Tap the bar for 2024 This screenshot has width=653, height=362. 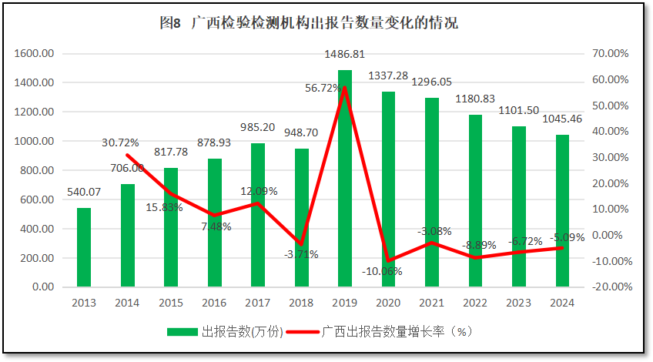(x=562, y=212)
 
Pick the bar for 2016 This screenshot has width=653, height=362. (x=214, y=223)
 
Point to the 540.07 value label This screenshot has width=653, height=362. (x=84, y=192)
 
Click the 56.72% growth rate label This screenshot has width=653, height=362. (x=325, y=89)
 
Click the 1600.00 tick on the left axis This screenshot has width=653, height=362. (x=35, y=54)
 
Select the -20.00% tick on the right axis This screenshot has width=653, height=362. (x=612, y=287)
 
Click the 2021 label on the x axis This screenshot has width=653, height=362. (x=432, y=302)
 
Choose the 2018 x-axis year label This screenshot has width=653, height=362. (x=301, y=302)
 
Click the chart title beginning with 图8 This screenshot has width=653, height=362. (x=309, y=23)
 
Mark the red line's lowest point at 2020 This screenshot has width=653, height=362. (x=389, y=261)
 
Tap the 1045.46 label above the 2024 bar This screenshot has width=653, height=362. (x=562, y=120)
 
